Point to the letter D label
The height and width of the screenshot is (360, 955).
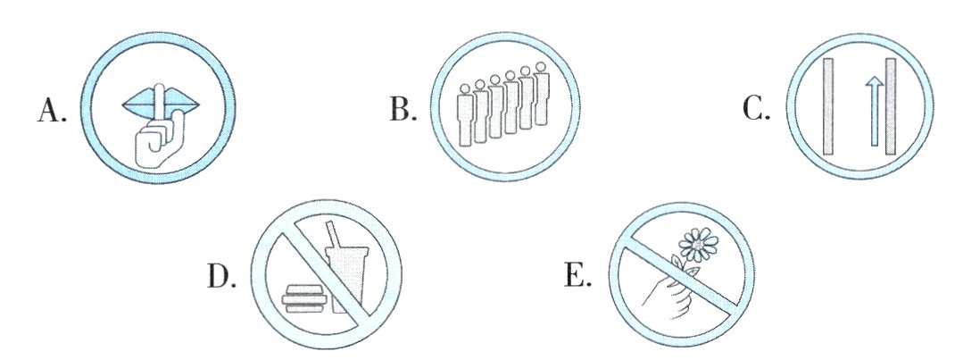point(220,278)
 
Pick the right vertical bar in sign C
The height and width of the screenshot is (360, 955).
point(890,107)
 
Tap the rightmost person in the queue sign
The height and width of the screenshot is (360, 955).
point(540,98)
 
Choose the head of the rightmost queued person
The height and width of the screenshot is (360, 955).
point(540,68)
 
